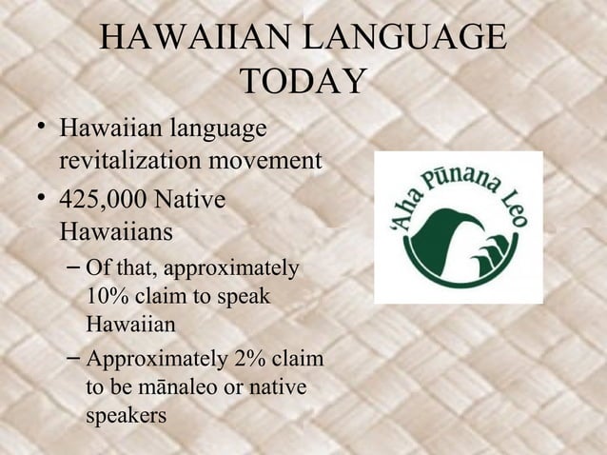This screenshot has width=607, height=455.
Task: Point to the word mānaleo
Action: [169, 388]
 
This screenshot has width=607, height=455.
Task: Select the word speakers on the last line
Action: [126, 416]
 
